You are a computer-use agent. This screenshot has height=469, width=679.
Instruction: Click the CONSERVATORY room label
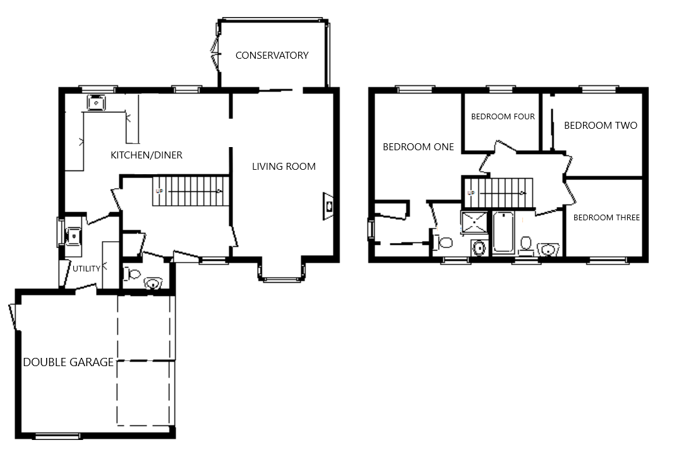click(272, 56)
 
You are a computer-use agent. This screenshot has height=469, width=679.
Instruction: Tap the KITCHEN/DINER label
click(147, 155)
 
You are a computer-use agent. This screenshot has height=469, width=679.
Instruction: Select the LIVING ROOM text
click(284, 166)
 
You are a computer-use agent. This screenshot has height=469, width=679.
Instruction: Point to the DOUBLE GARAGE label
click(68, 362)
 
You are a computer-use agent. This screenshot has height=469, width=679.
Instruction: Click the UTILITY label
click(86, 269)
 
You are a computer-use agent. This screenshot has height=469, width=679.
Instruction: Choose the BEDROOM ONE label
click(418, 147)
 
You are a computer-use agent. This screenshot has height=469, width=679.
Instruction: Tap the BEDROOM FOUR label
click(503, 116)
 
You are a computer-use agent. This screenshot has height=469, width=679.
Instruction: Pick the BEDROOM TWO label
click(600, 126)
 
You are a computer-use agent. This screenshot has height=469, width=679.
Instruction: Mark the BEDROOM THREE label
click(606, 218)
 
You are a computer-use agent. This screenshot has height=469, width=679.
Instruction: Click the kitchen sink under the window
click(97, 102)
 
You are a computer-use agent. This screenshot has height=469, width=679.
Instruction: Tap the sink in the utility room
click(73, 236)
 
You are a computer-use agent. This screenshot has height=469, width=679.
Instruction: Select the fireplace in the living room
click(328, 206)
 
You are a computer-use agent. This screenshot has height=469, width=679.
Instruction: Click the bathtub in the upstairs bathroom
click(503, 232)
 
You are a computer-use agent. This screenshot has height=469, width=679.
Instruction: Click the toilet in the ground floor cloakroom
click(133, 274)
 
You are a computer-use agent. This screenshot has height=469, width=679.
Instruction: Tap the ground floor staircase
click(190, 191)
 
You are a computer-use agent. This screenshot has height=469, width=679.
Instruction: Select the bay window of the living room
click(282, 270)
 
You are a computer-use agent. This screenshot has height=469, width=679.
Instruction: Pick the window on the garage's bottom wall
click(57, 436)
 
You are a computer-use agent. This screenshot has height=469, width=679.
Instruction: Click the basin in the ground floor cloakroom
click(153, 283)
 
